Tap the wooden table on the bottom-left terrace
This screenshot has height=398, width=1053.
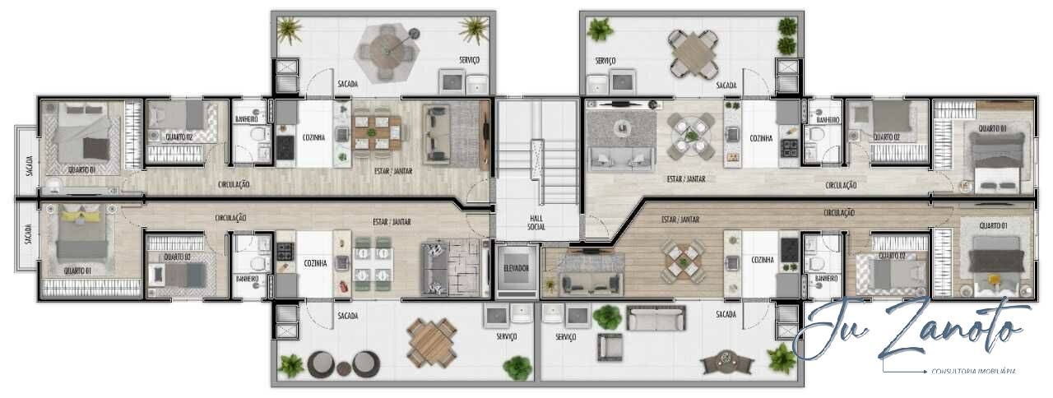(x=432, y=341)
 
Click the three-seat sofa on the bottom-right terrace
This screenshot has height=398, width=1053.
(x=656, y=317)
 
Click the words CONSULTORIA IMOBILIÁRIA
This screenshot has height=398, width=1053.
(x=974, y=372)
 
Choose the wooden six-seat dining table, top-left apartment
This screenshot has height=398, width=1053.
(x=377, y=131)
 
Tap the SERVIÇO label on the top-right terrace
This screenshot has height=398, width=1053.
(x=605, y=61)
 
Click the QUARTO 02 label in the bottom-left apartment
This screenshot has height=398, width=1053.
(x=177, y=257)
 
